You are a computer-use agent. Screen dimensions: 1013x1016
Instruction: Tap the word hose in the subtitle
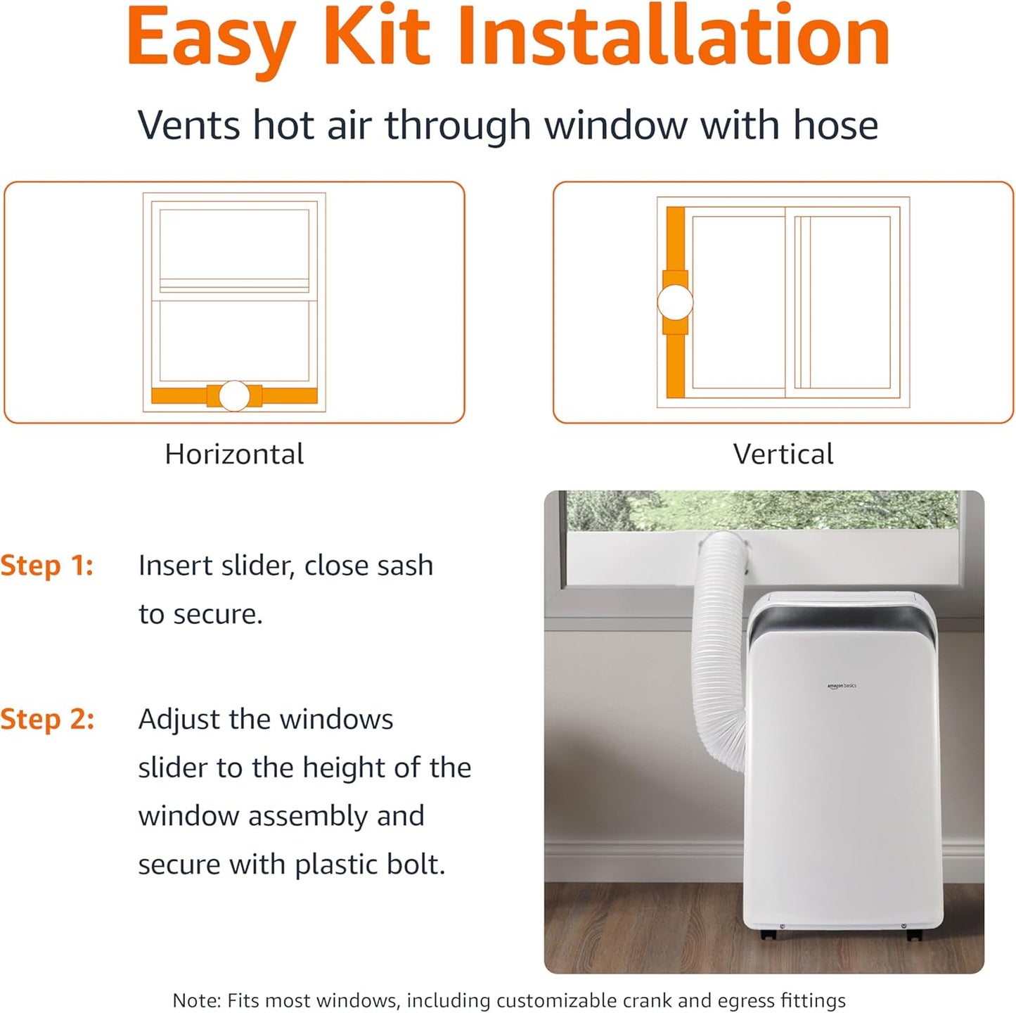click(x=835, y=125)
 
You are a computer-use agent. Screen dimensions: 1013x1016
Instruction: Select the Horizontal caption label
click(x=234, y=454)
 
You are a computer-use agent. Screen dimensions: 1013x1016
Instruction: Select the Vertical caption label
click(x=783, y=454)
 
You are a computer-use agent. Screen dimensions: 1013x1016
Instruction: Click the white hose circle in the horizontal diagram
click(x=234, y=396)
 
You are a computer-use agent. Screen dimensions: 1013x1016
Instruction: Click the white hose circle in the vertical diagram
click(x=675, y=302)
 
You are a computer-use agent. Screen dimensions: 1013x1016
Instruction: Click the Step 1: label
click(x=47, y=566)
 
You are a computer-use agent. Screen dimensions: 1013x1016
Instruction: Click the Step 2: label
click(x=47, y=720)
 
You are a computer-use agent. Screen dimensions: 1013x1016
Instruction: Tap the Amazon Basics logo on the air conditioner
click(x=842, y=685)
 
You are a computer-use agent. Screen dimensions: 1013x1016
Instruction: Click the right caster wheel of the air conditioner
click(x=913, y=935)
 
